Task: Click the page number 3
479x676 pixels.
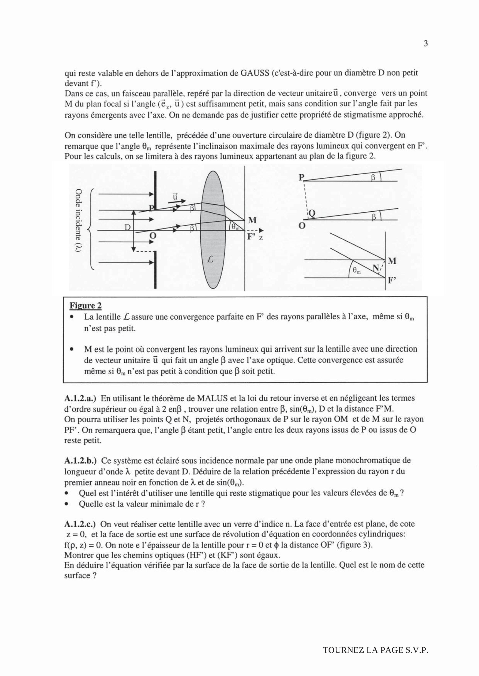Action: (x=426, y=44)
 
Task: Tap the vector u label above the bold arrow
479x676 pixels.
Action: (x=175, y=197)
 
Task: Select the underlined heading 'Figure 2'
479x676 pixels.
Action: (x=86, y=306)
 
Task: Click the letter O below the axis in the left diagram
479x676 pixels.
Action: (x=153, y=235)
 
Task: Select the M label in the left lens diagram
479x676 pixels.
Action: (x=252, y=220)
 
